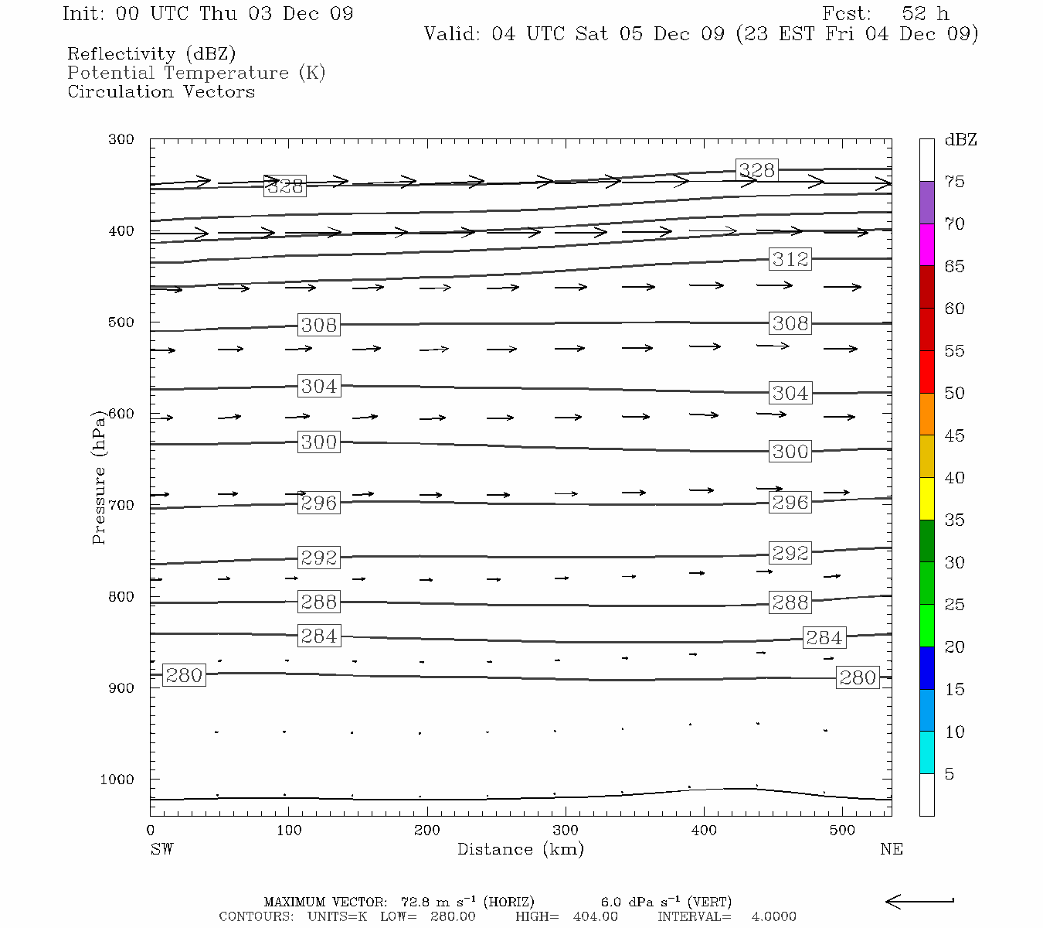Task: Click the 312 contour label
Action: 790,259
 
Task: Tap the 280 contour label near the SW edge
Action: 184,675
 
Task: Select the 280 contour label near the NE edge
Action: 858,677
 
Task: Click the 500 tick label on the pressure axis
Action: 121,322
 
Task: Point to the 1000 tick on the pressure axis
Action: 117,780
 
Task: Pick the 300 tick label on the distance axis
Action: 566,831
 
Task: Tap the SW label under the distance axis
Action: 161,849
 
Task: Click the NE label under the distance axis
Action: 891,849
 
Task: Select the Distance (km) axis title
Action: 520,849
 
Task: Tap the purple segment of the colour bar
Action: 926,203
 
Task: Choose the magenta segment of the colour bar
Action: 926,244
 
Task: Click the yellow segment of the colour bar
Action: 926,499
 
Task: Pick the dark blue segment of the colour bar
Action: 926,668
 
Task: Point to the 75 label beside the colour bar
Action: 955,182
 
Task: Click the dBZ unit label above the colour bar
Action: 960,140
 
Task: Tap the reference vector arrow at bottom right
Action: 919,901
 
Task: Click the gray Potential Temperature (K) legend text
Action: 196,73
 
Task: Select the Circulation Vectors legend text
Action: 161,91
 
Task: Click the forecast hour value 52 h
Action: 925,14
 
